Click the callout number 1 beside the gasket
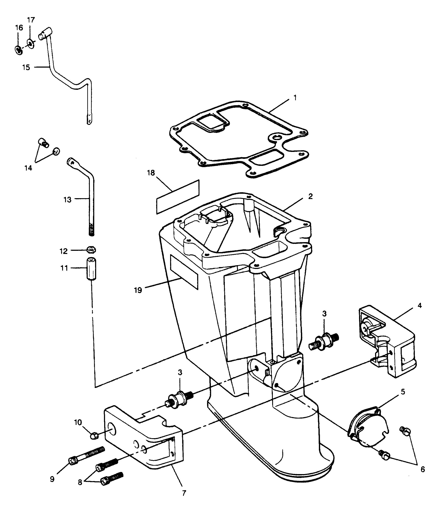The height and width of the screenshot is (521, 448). click(295, 98)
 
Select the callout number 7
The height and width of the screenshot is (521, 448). click(184, 493)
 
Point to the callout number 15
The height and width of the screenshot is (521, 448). click(26, 67)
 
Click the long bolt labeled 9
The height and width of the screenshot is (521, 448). click(86, 455)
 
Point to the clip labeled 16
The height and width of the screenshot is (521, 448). click(19, 50)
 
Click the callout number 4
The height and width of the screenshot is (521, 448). click(419, 306)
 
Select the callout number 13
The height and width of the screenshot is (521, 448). click(67, 200)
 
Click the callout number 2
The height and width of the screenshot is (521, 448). click(310, 196)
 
